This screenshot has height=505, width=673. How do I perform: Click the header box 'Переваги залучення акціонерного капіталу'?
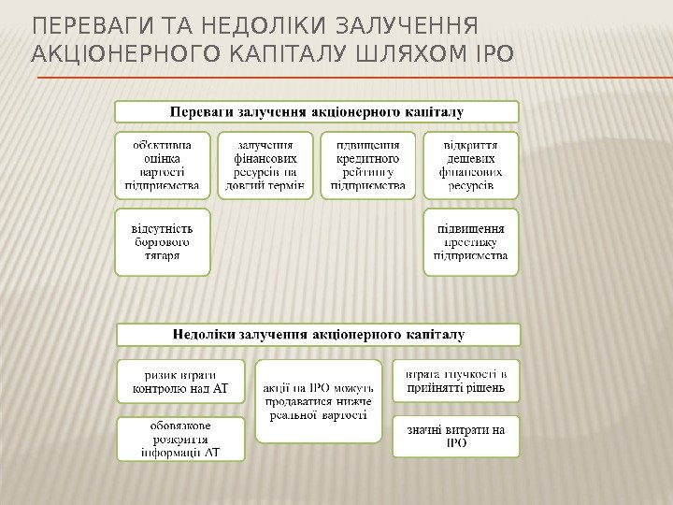316,112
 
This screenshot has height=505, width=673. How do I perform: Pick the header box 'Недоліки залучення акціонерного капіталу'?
318,334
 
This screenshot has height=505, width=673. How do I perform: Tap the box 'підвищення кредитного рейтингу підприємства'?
368,166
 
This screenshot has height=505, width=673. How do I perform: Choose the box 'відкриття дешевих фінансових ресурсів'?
471,166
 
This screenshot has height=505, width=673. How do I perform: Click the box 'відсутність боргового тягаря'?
163,241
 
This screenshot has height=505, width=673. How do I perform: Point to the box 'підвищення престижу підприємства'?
471,241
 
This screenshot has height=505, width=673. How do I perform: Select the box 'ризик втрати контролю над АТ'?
180,382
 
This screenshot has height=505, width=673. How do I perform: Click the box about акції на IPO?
319,400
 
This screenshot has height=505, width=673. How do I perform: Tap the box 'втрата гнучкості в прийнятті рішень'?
456,382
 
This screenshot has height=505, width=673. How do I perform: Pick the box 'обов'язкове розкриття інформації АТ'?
180,440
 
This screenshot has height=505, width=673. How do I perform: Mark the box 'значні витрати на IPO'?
456,437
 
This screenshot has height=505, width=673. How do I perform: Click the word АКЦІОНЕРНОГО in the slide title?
125,55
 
